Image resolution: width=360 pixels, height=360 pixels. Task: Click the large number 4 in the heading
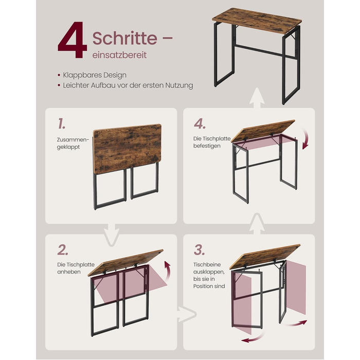tap(73, 40)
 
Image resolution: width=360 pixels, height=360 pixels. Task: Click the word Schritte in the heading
tap(124, 38)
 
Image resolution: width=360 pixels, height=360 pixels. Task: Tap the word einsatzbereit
tap(119, 55)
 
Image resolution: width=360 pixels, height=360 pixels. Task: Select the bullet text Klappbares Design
tap(95, 75)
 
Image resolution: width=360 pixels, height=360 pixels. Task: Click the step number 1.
tap(62, 123)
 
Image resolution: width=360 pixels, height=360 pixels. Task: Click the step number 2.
tap(63, 250)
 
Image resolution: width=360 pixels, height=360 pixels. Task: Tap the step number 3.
tap(200, 250)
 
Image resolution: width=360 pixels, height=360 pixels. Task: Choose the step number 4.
tap(200, 124)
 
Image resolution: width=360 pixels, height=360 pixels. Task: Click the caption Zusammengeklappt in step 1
tap(73, 143)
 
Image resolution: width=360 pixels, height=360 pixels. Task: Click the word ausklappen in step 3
tap(209, 272)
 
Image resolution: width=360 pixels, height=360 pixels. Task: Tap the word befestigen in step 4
tap(207, 146)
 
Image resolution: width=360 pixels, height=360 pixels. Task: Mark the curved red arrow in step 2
tap(167, 271)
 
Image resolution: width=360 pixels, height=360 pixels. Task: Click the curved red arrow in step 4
tap(306, 139)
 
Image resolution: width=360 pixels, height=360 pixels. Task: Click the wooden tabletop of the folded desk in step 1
tap(128, 149)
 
